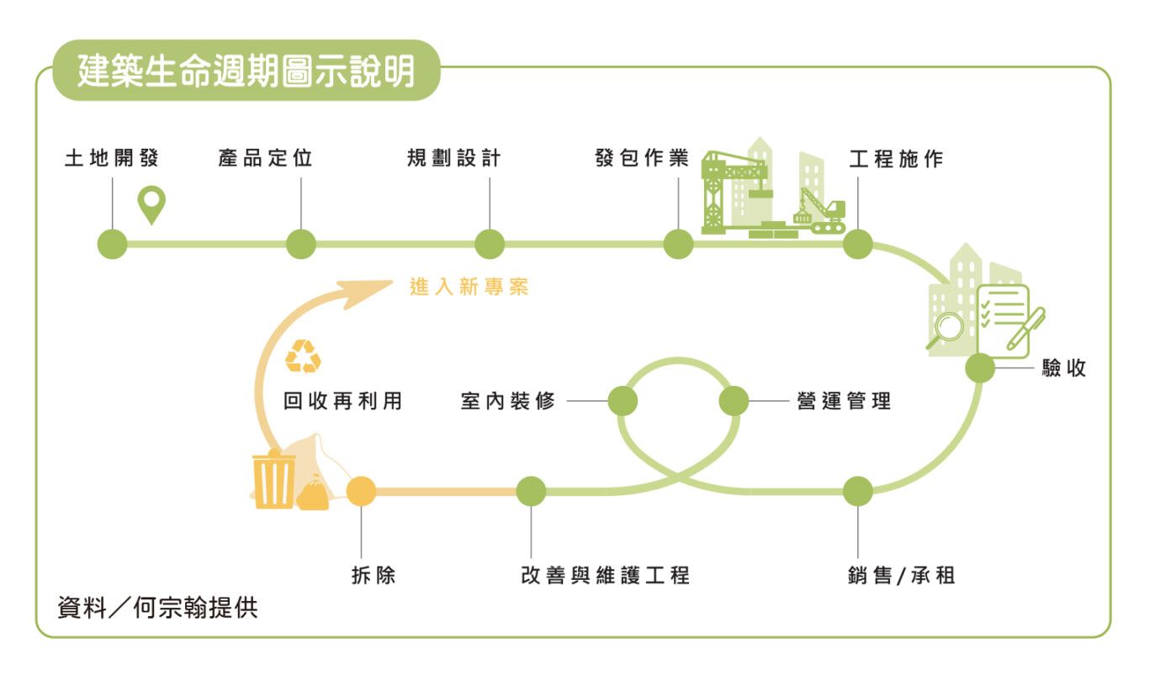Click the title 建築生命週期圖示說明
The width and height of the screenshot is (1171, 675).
pos(246,71)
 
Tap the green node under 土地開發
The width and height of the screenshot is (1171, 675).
pos(113,244)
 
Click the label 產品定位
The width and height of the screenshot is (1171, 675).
pos(265,158)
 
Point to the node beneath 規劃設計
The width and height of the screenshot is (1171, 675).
pos(490,244)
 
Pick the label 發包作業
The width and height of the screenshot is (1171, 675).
pos(642,158)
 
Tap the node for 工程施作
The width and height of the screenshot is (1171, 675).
pos(858,244)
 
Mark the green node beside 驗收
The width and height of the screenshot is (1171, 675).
pos(980,368)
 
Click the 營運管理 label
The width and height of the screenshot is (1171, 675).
pos(844,401)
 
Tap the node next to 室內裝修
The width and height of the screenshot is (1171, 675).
pos(623,401)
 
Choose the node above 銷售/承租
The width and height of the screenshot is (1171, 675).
pos(858,491)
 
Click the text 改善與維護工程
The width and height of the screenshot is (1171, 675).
pos(606,575)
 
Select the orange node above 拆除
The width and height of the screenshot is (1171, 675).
pos(361,491)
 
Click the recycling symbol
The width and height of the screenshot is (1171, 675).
pos(303,356)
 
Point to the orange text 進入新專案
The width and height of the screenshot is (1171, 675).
pos(469,287)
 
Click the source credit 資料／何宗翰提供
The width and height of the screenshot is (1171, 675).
pos(157,608)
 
